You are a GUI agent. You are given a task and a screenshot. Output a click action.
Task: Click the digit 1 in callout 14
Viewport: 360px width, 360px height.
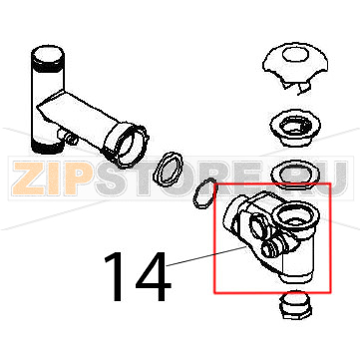pos(117,276)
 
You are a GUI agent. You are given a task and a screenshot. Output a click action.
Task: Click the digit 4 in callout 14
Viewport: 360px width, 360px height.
pos(153,276)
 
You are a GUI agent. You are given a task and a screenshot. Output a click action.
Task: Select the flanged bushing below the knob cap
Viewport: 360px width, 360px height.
pos(295,127)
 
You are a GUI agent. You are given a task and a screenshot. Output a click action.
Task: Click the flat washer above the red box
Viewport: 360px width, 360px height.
pos(295,174)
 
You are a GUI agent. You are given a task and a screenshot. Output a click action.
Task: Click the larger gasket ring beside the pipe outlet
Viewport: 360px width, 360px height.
pos(168,168)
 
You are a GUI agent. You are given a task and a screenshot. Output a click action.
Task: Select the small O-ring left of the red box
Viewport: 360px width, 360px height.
pos(204,194)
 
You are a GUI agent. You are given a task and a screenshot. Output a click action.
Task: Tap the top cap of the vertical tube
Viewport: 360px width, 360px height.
pos(47,58)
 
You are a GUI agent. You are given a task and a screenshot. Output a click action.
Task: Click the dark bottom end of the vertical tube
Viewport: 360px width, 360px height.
pos(46,147)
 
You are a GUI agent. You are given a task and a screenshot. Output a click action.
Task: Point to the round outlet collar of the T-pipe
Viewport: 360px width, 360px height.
pos(126,145)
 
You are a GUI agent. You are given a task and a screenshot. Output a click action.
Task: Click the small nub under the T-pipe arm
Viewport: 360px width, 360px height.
pos(69,137)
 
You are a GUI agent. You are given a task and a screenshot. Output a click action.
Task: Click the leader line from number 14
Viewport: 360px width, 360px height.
pos(206,256)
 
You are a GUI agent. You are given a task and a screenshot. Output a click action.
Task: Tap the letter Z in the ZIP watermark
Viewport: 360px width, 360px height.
pos(29,179)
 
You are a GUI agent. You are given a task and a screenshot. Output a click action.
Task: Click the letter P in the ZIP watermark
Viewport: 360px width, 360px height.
pos(79,179)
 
